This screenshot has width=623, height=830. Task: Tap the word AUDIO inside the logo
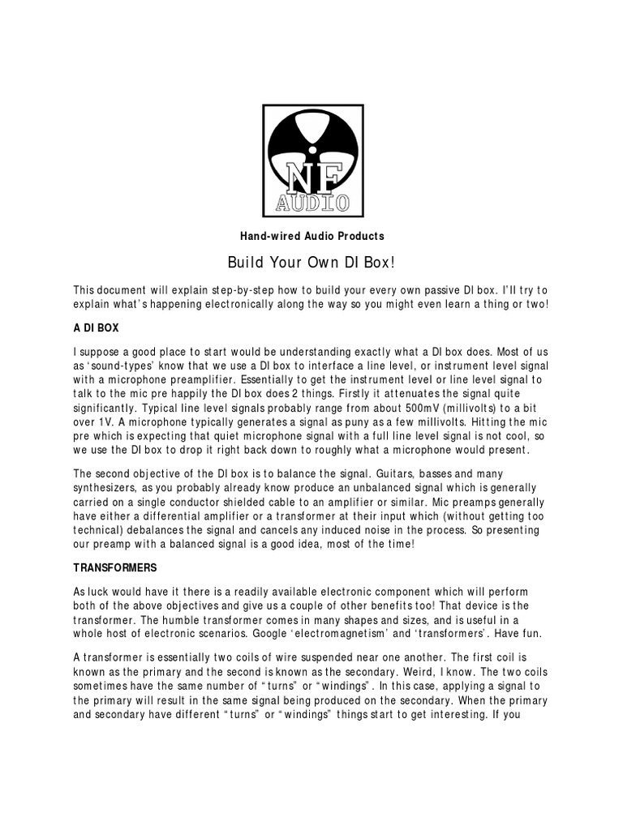[x=311, y=202]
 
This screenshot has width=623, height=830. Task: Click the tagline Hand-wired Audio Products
[x=311, y=236]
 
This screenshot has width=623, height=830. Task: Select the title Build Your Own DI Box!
[x=311, y=263]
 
